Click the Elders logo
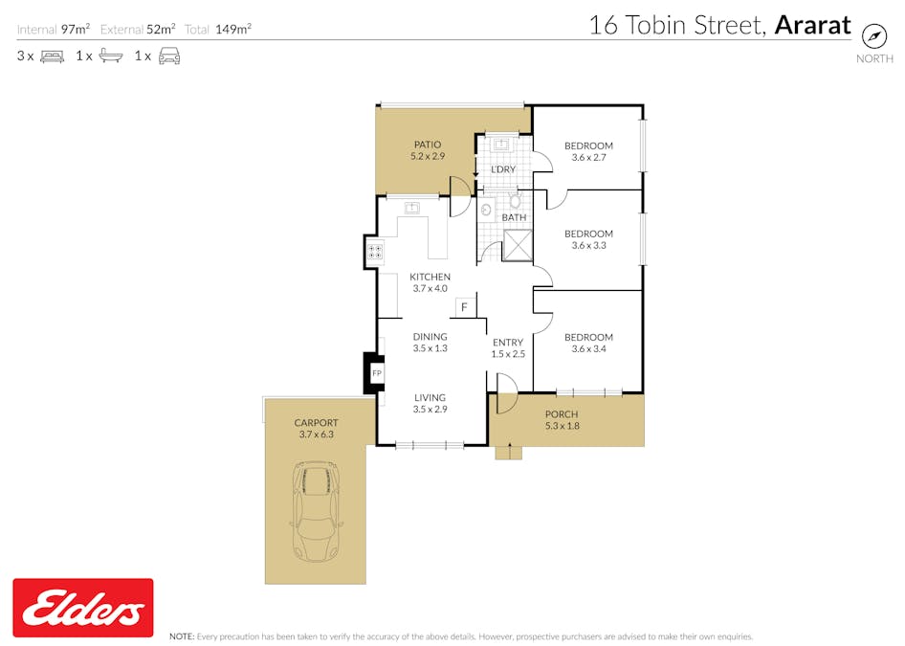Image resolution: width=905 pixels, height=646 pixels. [x=83, y=608]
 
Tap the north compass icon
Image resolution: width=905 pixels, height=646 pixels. [x=873, y=36]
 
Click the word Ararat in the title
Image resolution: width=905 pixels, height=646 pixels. [x=812, y=26]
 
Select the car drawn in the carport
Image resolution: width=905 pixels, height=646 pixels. [x=316, y=511]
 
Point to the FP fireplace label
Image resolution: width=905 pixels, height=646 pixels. [x=377, y=373]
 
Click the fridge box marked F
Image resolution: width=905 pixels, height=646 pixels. [x=464, y=308]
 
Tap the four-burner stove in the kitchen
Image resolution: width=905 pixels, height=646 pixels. [x=375, y=252]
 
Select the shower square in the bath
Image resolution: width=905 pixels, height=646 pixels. [x=518, y=245]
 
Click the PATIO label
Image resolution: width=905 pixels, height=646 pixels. [x=428, y=145]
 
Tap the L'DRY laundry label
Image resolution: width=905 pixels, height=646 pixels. [x=502, y=169]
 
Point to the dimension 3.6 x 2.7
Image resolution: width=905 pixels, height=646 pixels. [x=588, y=157]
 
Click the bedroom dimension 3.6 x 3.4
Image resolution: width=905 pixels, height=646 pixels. [x=588, y=348]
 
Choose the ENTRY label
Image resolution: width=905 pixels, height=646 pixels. [x=508, y=343]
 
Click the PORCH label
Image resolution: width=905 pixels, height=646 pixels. [x=562, y=414]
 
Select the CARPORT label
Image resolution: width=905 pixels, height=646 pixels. [x=317, y=423]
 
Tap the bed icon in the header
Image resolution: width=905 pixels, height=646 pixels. [x=52, y=56]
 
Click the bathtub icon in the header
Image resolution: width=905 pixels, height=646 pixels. [x=111, y=56]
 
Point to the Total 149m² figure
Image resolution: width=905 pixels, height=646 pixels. [x=218, y=29]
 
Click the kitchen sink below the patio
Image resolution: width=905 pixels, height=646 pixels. [x=411, y=208]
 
